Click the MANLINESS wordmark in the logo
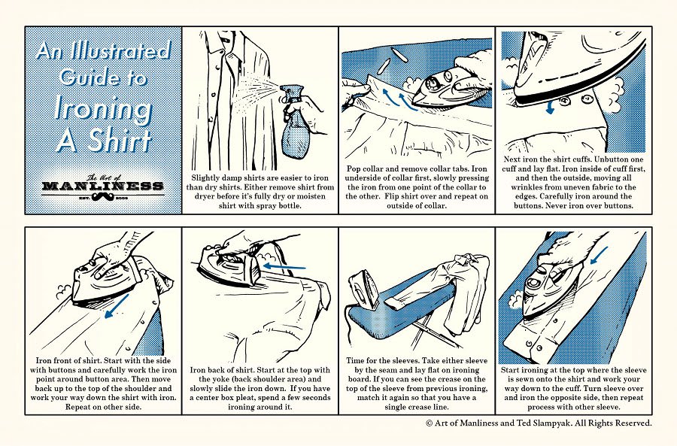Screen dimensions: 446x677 tap(102, 186)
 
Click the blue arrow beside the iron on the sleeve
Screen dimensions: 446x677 tap(600, 255)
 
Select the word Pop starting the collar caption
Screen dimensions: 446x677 tap(355, 168)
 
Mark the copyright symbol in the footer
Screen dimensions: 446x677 tap(430, 423)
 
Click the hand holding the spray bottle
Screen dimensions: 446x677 tap(308, 113)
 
